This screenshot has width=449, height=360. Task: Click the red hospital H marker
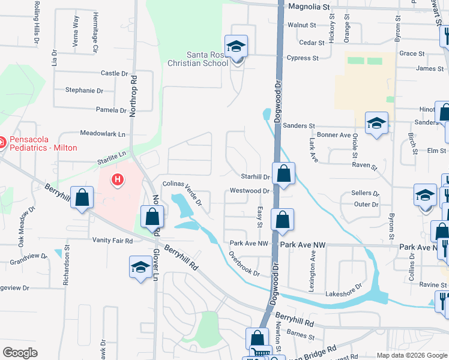(118, 179)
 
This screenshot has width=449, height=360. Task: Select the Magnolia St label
(309, 7)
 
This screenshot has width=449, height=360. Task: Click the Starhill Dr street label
(256, 177)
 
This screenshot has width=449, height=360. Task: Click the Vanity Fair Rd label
(113, 241)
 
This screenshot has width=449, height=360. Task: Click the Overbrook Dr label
(244, 263)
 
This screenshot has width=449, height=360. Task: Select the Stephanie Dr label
(84, 91)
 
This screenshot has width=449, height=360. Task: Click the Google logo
(20, 353)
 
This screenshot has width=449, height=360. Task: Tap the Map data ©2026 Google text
(411, 355)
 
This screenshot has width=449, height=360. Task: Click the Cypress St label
(302, 58)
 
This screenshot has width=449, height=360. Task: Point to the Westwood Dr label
(249, 191)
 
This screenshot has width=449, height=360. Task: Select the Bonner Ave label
(334, 135)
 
